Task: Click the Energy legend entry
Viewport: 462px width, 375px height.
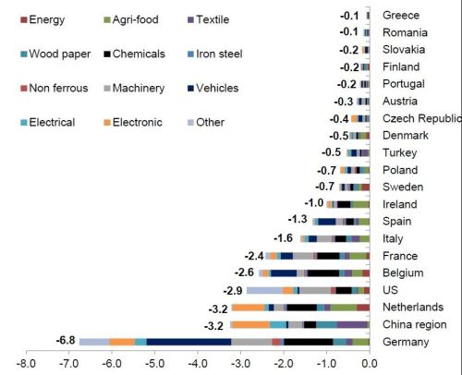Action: point(43,19)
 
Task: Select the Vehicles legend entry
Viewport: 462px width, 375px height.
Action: point(213,88)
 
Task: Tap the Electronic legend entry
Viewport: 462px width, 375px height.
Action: point(133,122)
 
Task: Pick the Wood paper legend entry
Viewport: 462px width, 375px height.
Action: point(55,54)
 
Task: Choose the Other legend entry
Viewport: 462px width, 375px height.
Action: point(206,122)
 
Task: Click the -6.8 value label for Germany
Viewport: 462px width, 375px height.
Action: point(66,340)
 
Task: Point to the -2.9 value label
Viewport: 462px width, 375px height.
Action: point(233,291)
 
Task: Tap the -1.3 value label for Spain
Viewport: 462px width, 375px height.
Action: point(298,219)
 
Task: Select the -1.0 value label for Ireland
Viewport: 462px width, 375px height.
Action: point(314,203)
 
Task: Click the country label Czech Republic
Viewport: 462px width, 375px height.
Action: point(422,118)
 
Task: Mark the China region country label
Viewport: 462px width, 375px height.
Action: point(415,324)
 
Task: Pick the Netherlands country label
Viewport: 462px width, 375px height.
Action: point(413,307)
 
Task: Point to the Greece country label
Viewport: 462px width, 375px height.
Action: point(401,15)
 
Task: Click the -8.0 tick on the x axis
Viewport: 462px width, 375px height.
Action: point(26,364)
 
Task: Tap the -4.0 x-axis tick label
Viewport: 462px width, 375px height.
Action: point(198,364)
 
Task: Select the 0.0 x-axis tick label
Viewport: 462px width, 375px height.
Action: point(370,364)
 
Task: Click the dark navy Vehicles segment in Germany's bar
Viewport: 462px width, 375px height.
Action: point(188,342)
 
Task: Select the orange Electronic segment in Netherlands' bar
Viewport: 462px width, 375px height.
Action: point(249,308)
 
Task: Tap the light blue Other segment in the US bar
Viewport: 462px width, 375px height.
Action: point(265,290)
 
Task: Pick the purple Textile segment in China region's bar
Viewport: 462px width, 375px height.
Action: point(352,324)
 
